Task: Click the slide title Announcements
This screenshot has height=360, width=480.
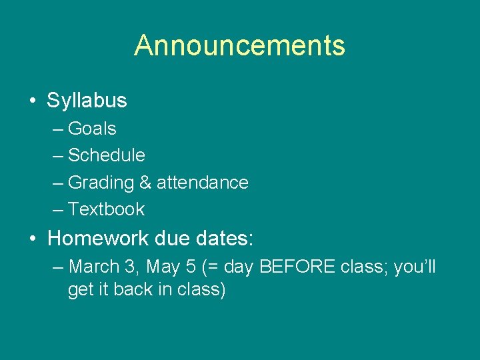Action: [x=239, y=45]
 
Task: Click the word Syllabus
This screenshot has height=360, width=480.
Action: [x=87, y=101]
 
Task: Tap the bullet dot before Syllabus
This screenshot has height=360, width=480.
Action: [x=33, y=101]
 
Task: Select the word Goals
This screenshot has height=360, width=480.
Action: [x=92, y=128]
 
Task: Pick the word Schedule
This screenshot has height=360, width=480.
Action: [x=107, y=155]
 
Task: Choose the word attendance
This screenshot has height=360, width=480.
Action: [x=202, y=183]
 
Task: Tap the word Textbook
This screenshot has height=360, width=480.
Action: [x=107, y=209]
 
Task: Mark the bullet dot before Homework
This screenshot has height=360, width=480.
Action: [x=33, y=239]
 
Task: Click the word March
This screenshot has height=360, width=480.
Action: [x=94, y=267]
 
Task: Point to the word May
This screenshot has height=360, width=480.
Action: [x=163, y=267]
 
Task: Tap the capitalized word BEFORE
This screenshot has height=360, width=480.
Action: [x=297, y=267]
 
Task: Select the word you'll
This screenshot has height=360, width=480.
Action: [x=415, y=267]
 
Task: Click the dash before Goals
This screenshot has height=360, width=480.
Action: [x=58, y=129]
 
